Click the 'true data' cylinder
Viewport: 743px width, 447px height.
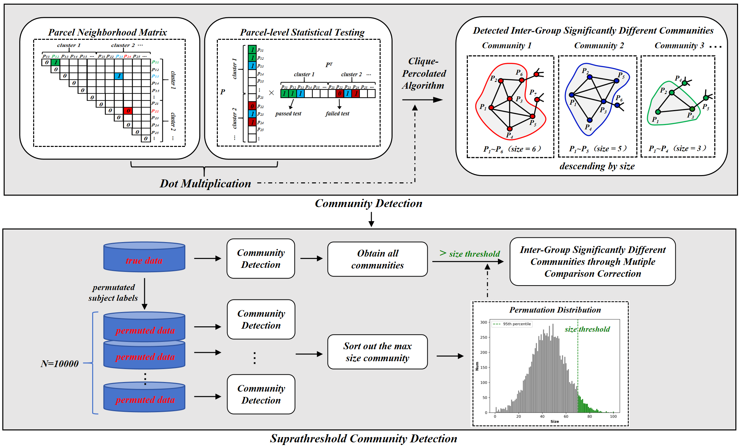tap(144, 257)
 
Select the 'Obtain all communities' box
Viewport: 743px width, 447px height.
tap(377, 259)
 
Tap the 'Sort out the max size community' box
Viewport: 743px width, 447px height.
tap(377, 352)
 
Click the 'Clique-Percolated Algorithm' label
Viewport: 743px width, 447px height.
tap(424, 73)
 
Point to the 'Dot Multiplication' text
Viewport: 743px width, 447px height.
tap(205, 183)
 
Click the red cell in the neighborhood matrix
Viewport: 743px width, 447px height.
tap(128, 111)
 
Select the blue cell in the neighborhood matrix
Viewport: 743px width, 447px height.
tap(119, 76)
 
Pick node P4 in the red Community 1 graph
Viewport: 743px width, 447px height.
tap(510, 129)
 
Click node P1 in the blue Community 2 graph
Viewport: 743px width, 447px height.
tap(572, 95)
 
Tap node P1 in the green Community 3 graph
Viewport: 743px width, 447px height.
tap(658, 112)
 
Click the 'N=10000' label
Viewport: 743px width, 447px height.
tap(60, 364)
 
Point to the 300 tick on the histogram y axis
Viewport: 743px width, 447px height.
tap(484, 322)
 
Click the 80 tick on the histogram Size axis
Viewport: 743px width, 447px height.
tap(589, 416)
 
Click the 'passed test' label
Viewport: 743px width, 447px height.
tap(288, 114)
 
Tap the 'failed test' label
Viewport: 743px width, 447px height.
tap(337, 114)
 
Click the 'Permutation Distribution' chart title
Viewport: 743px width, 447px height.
tap(555, 310)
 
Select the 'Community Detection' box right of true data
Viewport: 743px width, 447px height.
tap(261, 259)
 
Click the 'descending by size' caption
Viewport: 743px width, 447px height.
tap(597, 166)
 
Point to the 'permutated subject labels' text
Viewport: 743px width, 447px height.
tap(113, 292)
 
